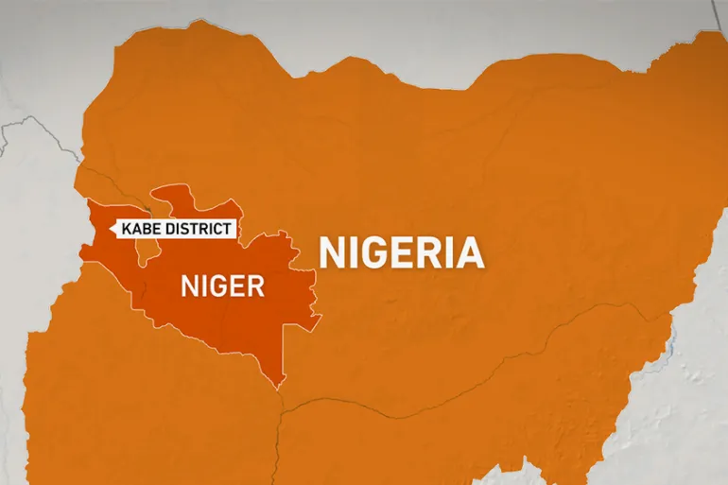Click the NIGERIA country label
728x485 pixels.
(402, 252)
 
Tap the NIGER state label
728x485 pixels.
(222, 285)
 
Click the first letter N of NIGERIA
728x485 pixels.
(332, 252)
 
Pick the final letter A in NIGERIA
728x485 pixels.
(470, 252)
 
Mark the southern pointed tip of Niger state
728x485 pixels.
(279, 387)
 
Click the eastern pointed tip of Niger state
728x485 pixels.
(321, 314)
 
